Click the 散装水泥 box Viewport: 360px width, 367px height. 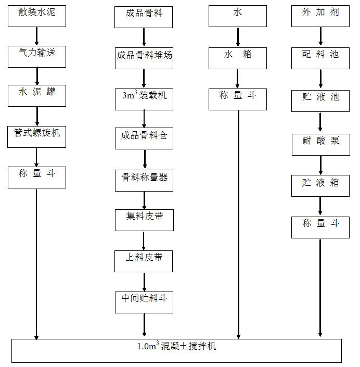[x=37, y=16]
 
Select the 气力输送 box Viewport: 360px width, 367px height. [x=37, y=56]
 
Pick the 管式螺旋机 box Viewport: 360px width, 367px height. [x=37, y=136]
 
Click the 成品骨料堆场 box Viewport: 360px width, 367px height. [x=144, y=57]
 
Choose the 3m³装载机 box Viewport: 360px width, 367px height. [x=144, y=98]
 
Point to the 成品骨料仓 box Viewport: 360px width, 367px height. [x=144, y=138]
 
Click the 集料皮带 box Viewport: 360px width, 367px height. [x=144, y=220]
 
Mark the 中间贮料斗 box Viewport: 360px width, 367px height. [x=144, y=301]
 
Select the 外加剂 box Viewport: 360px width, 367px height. [x=320, y=16]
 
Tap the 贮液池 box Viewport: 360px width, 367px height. [x=320, y=100]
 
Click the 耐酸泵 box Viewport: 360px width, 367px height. [x=320, y=145]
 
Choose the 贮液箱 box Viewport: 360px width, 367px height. [x=320, y=186]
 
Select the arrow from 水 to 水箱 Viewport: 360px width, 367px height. [x=238, y=37]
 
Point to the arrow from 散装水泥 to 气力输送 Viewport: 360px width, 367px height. [x=37, y=36]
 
